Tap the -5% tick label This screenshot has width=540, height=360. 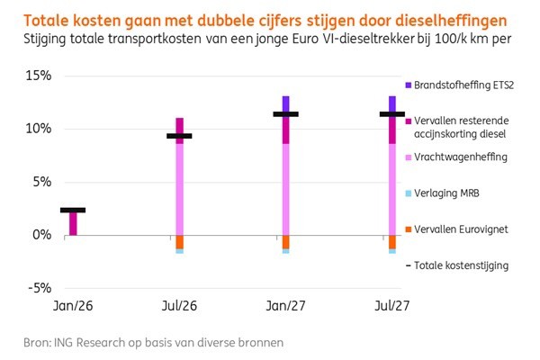[39, 288]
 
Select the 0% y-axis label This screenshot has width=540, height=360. [41, 235]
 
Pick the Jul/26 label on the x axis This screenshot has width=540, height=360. [179, 306]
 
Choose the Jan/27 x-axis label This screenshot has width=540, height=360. [285, 306]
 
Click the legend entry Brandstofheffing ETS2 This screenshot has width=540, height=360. [464, 85]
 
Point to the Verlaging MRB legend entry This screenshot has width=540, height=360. [447, 193]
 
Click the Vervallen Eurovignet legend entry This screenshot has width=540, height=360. [461, 229]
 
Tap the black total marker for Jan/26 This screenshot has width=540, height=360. [73, 210]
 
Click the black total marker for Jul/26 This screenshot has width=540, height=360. [179, 136]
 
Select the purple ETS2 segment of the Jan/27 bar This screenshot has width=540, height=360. [285, 102]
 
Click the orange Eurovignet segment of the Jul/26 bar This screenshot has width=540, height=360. [179, 241]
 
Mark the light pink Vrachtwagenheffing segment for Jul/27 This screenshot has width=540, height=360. [391, 189]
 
